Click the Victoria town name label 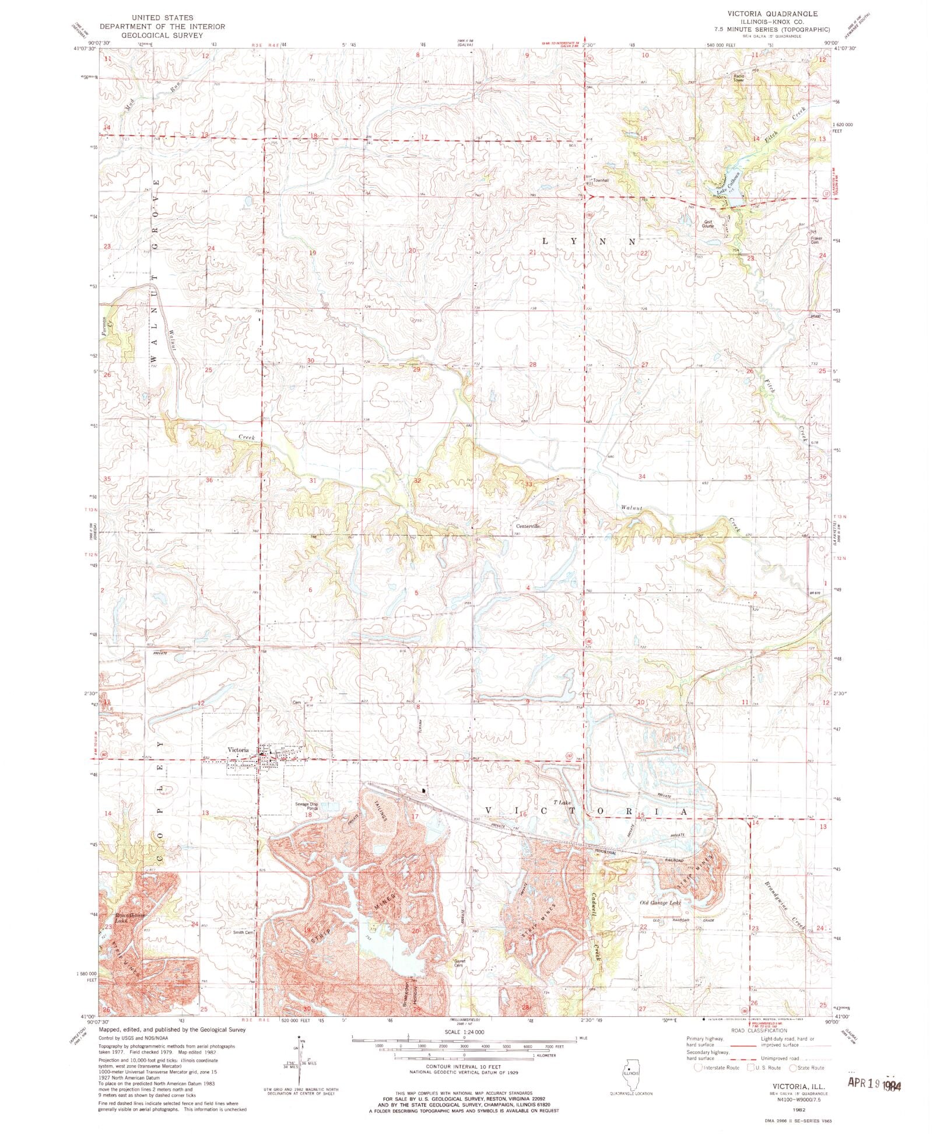pos(238,750)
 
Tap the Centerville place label pos(527,526)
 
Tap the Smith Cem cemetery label pos(244,932)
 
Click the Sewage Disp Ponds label pos(306,806)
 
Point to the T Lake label pos(562,803)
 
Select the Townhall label pos(601,180)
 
